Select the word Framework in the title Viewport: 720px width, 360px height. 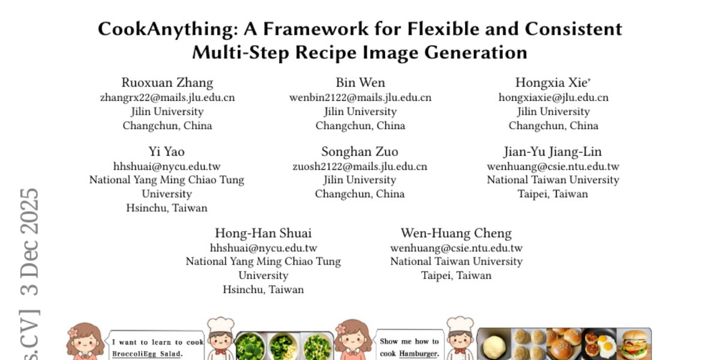pyautogui.click(x=316, y=29)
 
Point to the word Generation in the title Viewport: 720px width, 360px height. pyautogui.click(x=476, y=53)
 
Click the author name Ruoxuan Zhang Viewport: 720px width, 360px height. pyautogui.click(x=167, y=83)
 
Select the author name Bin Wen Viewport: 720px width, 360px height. pyautogui.click(x=361, y=83)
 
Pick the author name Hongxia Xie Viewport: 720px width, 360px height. pyautogui.click(x=551, y=83)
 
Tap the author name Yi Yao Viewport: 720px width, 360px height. pyautogui.click(x=167, y=151)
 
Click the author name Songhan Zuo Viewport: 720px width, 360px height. pyautogui.click(x=359, y=151)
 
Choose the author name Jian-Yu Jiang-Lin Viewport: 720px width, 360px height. pyautogui.click(x=553, y=152)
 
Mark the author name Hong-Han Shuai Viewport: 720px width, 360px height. pyautogui.click(x=263, y=233)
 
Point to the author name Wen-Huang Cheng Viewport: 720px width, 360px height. pyautogui.click(x=456, y=233)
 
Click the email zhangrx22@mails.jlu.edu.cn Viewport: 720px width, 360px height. pyautogui.click(x=167, y=97)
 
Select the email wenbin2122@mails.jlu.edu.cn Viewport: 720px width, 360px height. pyautogui.click(x=361, y=97)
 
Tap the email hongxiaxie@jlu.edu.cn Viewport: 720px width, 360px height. pyautogui.click(x=553, y=97)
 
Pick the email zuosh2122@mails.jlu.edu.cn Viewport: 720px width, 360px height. pyautogui.click(x=359, y=167)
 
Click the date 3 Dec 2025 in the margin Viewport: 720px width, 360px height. pyautogui.click(x=29, y=242)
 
